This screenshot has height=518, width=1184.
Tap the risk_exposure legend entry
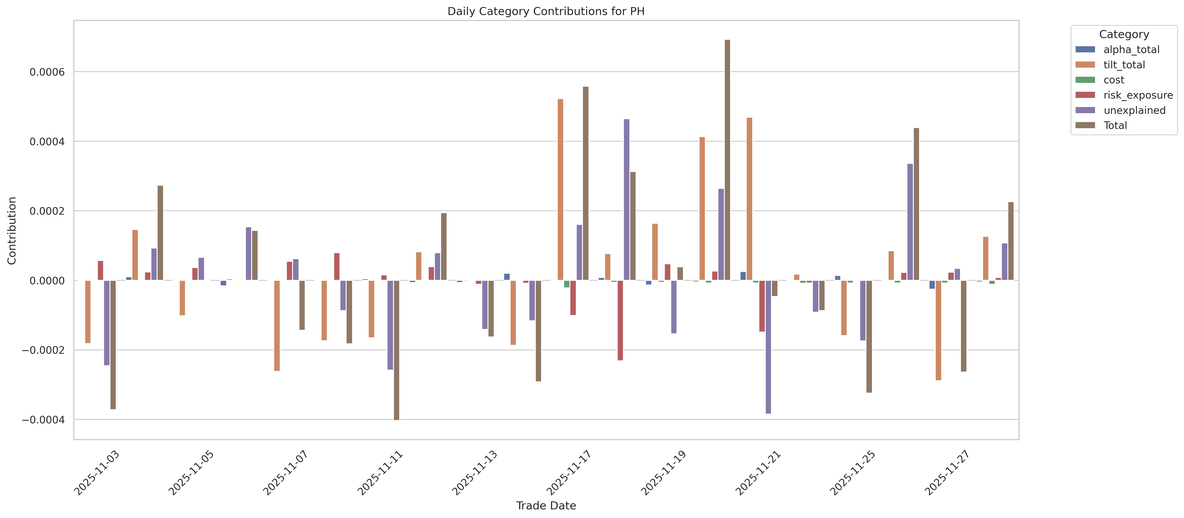[1138, 95]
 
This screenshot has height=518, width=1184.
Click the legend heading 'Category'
[1124, 34]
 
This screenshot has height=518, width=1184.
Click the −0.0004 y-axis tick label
[44, 420]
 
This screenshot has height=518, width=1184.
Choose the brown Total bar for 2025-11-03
[113, 344]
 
